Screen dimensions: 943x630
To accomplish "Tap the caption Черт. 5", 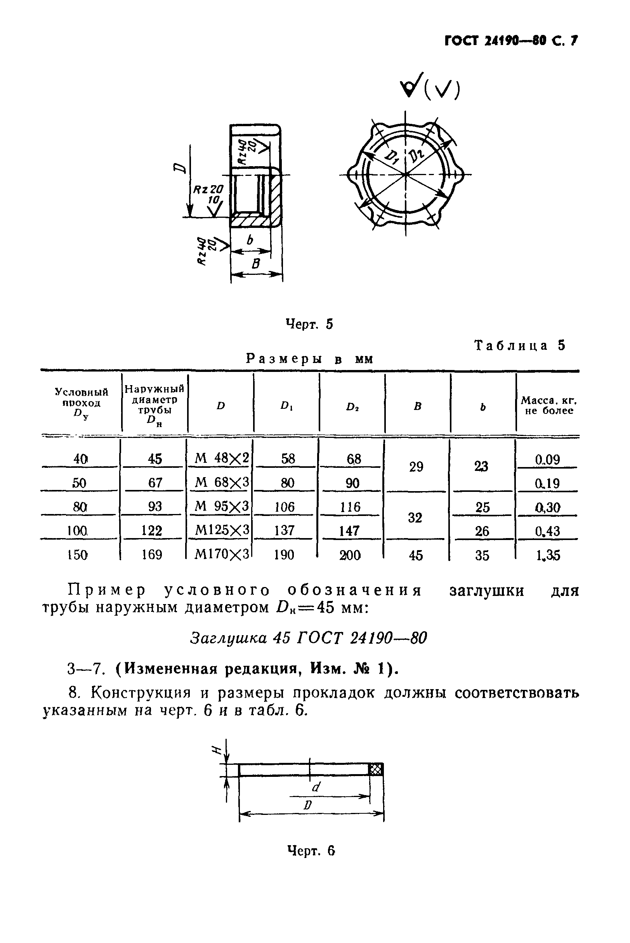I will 309,323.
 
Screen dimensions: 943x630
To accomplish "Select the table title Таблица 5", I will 520,345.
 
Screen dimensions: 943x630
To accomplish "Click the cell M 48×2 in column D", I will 221,458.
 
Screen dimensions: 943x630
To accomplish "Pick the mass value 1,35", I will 548,555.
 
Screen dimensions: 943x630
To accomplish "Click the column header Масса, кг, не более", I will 548,405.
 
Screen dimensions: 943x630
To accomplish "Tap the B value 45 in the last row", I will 415,556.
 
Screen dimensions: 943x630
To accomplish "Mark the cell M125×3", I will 221,531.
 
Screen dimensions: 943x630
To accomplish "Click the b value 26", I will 482,531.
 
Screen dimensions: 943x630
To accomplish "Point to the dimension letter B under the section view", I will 256,264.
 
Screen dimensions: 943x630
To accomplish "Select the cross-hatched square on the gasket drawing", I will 376,769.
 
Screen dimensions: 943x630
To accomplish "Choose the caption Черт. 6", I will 311,850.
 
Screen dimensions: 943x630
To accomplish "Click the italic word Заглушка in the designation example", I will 228,637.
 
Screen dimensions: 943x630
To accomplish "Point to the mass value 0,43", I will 547,531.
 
